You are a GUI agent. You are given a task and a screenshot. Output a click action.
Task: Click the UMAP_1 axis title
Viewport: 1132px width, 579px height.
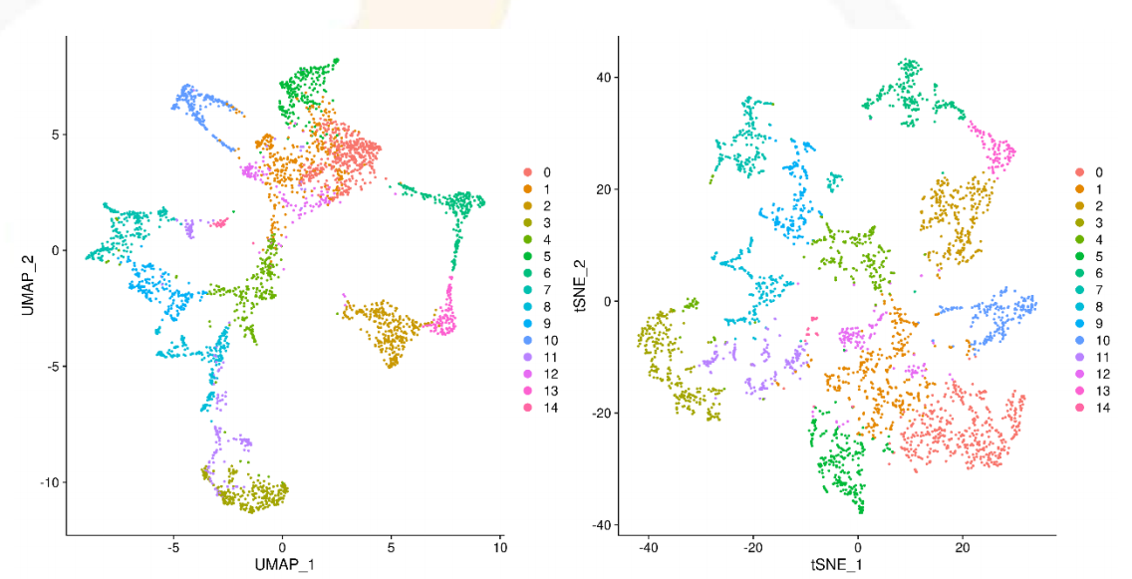[x=283, y=565]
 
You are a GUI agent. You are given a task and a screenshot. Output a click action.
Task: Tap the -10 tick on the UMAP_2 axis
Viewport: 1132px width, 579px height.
[x=47, y=482]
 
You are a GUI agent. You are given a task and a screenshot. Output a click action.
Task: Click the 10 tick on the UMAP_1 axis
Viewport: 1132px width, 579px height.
[x=499, y=547]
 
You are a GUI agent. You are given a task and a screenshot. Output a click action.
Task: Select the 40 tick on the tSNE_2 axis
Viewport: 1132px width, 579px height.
[x=603, y=78]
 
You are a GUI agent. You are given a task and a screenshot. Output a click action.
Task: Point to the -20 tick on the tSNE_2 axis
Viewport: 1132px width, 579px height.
[x=600, y=414]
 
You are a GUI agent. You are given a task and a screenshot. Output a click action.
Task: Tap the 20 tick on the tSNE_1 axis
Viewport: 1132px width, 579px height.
[x=962, y=547]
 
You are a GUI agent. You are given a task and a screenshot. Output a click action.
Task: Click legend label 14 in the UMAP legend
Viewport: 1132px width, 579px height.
[x=546, y=409]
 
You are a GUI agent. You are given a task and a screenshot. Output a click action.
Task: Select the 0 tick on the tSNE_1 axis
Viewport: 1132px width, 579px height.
[x=858, y=547]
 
